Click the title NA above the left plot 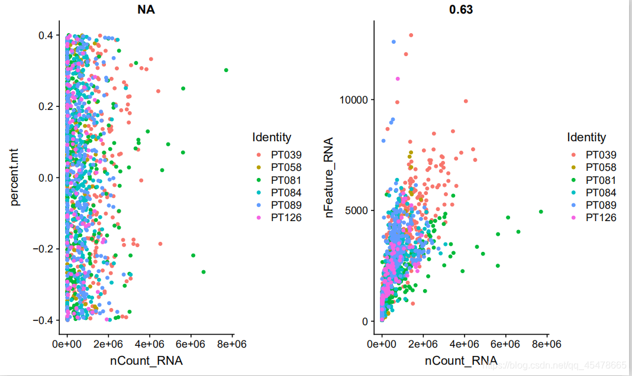tap(147, 10)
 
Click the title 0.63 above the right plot tap(462, 10)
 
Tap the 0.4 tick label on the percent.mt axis tap(47, 35)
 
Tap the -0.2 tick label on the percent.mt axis tap(45, 249)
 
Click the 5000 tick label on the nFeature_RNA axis tap(357, 210)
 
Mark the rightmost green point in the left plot tap(226, 70)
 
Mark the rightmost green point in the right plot tap(541, 212)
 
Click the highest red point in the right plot tap(411, 35)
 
